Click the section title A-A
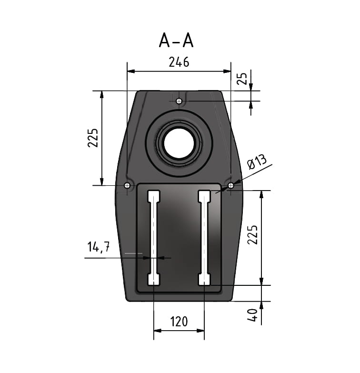pyautogui.click(x=176, y=40)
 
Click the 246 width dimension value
pyautogui.click(x=179, y=62)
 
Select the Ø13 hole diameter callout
pyautogui.click(x=257, y=161)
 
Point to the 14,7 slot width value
pyautogui.click(x=99, y=247)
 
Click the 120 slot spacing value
pyautogui.click(x=179, y=322)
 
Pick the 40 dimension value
pyautogui.click(x=252, y=315)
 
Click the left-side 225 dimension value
pyautogui.click(x=93, y=138)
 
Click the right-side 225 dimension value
pyautogui.click(x=252, y=234)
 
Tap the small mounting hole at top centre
pyautogui.click(x=179, y=101)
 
